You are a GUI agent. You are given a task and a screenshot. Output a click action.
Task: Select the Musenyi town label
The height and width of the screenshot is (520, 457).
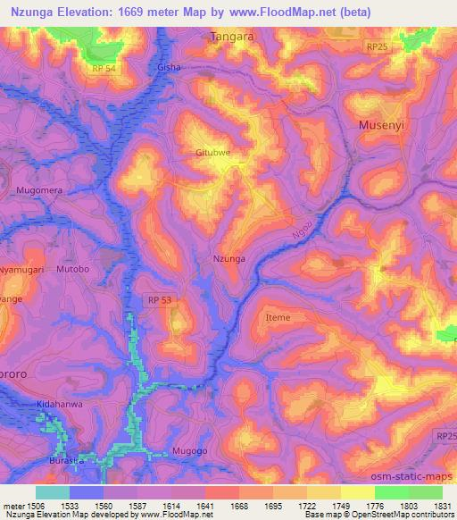tap(381, 125)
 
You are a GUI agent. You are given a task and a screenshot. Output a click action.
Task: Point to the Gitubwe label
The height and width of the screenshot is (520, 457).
tap(213, 153)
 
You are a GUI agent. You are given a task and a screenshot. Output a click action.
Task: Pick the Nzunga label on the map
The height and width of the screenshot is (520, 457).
tap(228, 258)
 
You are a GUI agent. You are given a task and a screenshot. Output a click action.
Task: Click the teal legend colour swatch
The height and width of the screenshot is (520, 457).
tap(52, 491)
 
